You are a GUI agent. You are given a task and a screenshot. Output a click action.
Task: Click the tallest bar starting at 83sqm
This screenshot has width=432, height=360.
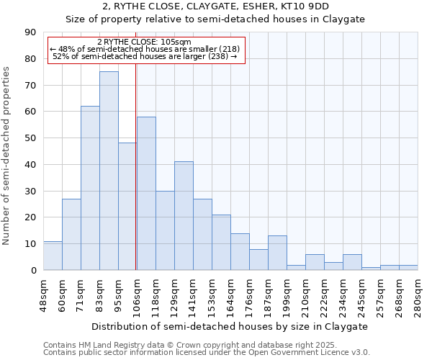(x=109, y=171)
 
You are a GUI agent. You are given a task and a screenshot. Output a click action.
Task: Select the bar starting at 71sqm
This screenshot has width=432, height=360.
(x=90, y=188)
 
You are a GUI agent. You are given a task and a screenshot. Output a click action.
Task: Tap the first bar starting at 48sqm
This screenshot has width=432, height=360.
(x=53, y=256)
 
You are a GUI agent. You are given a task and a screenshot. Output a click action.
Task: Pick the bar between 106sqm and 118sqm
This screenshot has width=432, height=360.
(x=146, y=193)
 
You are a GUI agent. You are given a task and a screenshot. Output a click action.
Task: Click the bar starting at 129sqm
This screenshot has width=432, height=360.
(x=184, y=216)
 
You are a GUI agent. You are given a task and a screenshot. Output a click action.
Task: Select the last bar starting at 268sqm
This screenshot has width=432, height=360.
(x=408, y=267)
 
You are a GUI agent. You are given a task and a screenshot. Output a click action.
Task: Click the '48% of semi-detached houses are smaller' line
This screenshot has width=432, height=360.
(x=145, y=49)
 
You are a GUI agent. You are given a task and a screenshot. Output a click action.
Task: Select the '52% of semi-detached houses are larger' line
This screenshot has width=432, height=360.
(x=145, y=56)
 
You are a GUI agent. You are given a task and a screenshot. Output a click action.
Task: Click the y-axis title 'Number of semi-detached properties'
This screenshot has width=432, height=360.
(x=7, y=156)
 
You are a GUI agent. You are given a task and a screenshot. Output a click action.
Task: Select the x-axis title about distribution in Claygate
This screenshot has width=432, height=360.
(x=230, y=326)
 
